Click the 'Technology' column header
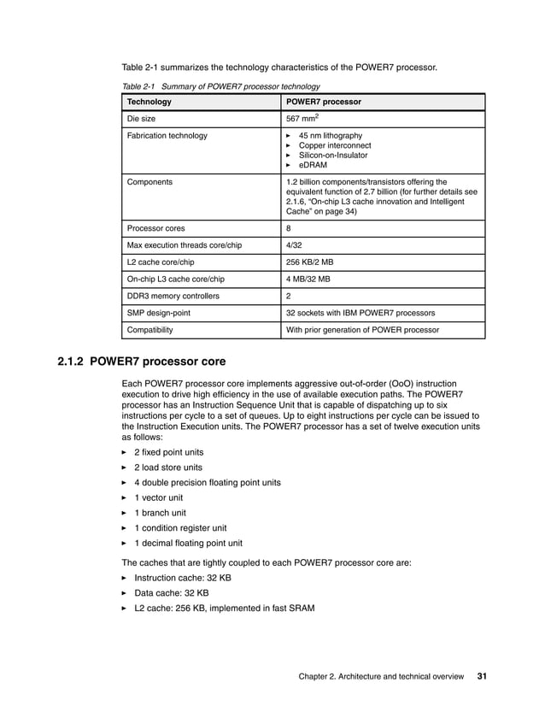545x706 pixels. click(x=149, y=102)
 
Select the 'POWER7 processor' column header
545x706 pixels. click(x=323, y=102)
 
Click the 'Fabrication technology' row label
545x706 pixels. click(x=167, y=136)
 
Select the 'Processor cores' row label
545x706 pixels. click(x=155, y=229)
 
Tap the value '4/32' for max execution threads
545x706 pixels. click(x=294, y=245)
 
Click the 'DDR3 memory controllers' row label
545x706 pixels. click(x=173, y=296)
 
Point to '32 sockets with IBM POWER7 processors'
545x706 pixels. click(x=360, y=313)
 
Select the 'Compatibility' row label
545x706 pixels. click(x=149, y=329)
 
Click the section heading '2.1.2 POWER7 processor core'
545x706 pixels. click(x=141, y=362)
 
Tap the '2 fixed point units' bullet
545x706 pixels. click(x=169, y=452)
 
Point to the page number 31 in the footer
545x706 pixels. click(x=482, y=677)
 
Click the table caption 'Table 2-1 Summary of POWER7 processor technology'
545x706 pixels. click(x=221, y=86)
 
